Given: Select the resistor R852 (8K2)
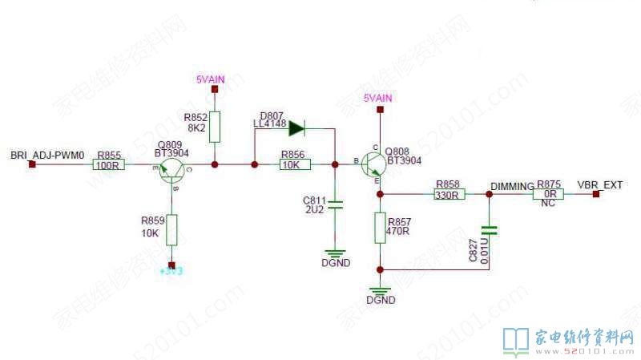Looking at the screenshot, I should (x=214, y=127).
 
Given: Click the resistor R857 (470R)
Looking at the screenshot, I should (x=380, y=228).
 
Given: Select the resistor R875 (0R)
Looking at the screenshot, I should (x=550, y=194).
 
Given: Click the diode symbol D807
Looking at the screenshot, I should (x=296, y=127).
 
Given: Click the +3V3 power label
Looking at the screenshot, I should (x=171, y=272).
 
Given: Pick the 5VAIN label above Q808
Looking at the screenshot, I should (x=377, y=98).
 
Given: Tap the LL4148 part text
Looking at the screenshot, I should (x=269, y=123).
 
